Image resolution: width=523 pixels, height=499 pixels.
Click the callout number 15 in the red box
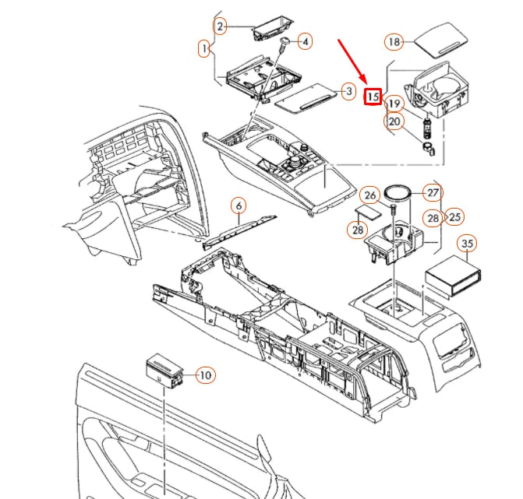pyautogui.click(x=373, y=97)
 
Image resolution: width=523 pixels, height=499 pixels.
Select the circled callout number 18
pyautogui.click(x=394, y=41)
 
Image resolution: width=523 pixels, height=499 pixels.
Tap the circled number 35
pyautogui.click(x=467, y=244)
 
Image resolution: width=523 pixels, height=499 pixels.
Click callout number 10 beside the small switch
pyautogui.click(x=204, y=376)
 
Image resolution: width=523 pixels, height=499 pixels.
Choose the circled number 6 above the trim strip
pyautogui.click(x=239, y=206)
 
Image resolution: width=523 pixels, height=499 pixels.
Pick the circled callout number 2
pyautogui.click(x=221, y=27)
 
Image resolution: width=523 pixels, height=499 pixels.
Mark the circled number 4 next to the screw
pyautogui.click(x=305, y=40)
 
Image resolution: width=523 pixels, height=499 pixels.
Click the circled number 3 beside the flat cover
pyautogui.click(x=349, y=92)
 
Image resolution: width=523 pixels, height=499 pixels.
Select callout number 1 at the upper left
pyautogui.click(x=204, y=49)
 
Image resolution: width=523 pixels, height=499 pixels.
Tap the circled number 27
pyautogui.click(x=433, y=193)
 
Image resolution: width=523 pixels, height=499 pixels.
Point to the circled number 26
pyautogui.click(x=371, y=195)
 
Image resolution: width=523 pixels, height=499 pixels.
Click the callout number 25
pyautogui.click(x=454, y=216)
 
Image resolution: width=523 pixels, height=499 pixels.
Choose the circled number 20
pyautogui.click(x=394, y=121)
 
